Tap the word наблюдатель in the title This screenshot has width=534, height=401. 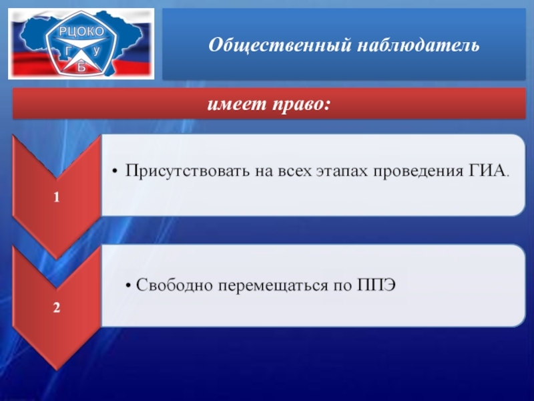(x=419, y=45)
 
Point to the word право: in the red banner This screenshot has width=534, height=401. (x=302, y=105)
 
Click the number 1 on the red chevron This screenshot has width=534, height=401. (x=57, y=197)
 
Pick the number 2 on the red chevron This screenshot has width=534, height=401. (x=57, y=307)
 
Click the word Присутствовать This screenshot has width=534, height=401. (x=188, y=170)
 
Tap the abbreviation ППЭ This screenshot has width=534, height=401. (x=376, y=285)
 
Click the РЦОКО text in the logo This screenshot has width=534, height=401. (x=81, y=31)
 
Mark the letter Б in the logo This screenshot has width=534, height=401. (x=81, y=68)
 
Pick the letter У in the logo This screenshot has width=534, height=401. (x=97, y=51)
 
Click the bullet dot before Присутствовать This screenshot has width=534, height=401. (x=115, y=172)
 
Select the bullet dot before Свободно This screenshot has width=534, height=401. (x=128, y=285)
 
